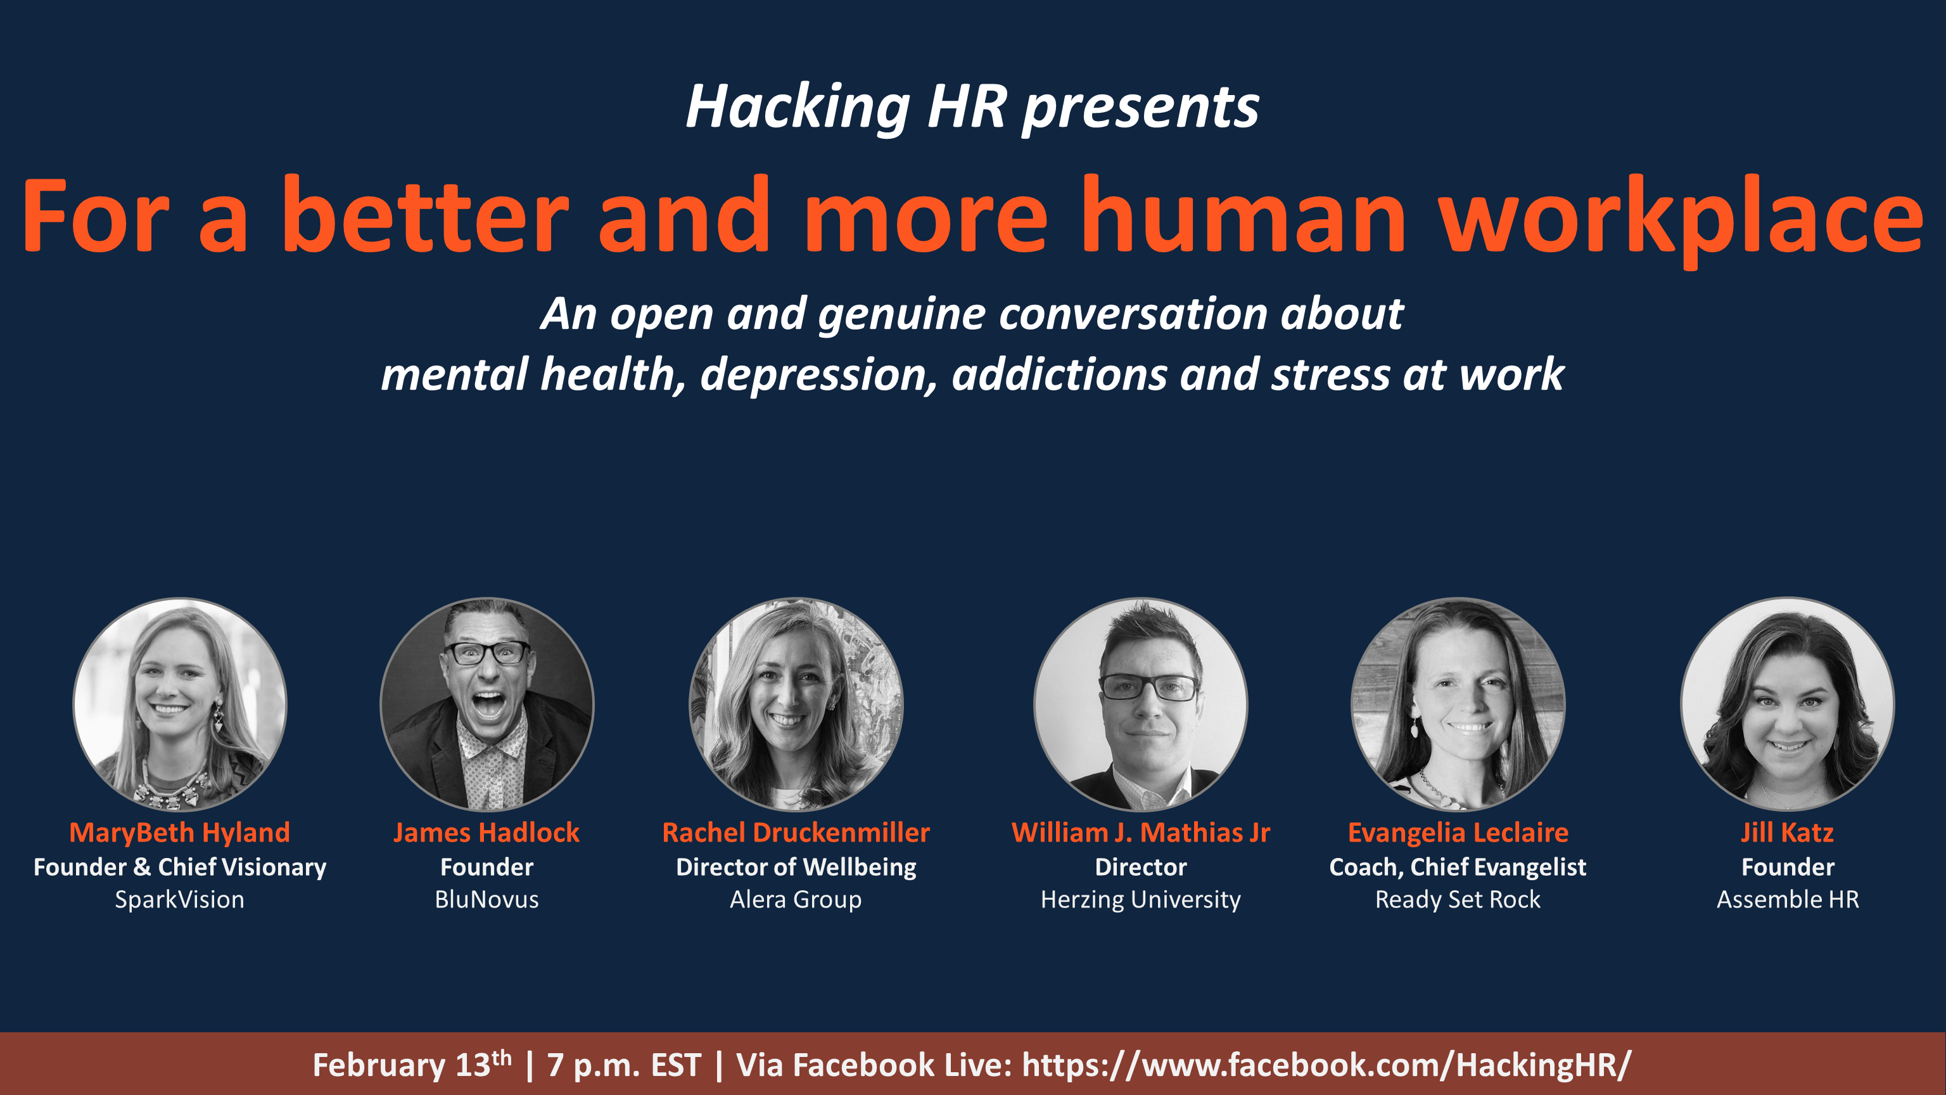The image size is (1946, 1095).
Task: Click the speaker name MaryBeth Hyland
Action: [x=180, y=832]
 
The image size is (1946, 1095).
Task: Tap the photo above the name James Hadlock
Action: [x=486, y=703]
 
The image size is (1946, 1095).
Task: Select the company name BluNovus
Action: [x=486, y=899]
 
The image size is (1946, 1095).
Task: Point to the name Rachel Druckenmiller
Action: [x=796, y=832]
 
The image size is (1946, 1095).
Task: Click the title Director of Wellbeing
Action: [x=796, y=867]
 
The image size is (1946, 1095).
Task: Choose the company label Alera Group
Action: [x=796, y=899]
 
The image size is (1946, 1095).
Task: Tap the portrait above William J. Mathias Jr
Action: [x=1141, y=703]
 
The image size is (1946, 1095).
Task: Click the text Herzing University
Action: [x=1141, y=899]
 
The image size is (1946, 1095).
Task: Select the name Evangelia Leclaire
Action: [x=1458, y=832]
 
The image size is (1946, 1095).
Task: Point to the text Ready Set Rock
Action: [x=1458, y=899]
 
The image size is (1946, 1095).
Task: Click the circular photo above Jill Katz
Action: [x=1788, y=703]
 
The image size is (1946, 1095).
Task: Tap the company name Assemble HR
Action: [x=1788, y=899]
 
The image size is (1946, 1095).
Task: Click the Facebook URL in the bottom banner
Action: [x=1326, y=1065]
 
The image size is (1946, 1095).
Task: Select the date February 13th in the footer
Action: [x=412, y=1065]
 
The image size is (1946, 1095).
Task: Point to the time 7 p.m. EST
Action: [x=624, y=1065]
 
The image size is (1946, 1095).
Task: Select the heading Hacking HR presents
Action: [x=972, y=106]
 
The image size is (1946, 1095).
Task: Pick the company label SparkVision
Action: [x=180, y=899]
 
